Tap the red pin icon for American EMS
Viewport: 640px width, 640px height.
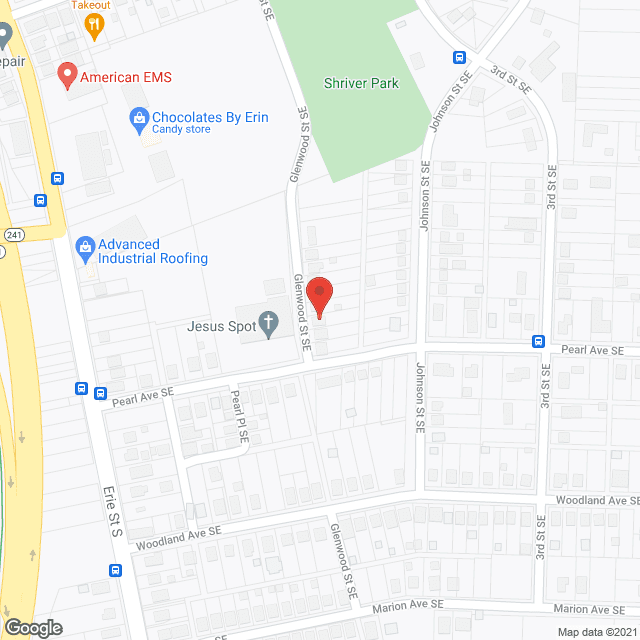coord(67,75)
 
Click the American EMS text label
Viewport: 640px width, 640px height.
coord(126,76)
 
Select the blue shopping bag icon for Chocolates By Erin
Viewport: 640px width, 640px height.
coord(139,119)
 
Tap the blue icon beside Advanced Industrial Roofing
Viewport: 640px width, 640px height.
coord(85,245)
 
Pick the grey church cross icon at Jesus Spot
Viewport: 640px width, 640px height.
coord(268,323)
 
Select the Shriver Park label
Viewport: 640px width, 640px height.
coord(361,83)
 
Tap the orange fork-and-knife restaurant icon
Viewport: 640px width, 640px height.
coord(96,25)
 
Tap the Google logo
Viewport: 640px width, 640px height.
coord(32,627)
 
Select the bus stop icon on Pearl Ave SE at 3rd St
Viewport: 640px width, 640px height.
coord(538,340)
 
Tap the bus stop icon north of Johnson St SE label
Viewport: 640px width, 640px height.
coord(459,57)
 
